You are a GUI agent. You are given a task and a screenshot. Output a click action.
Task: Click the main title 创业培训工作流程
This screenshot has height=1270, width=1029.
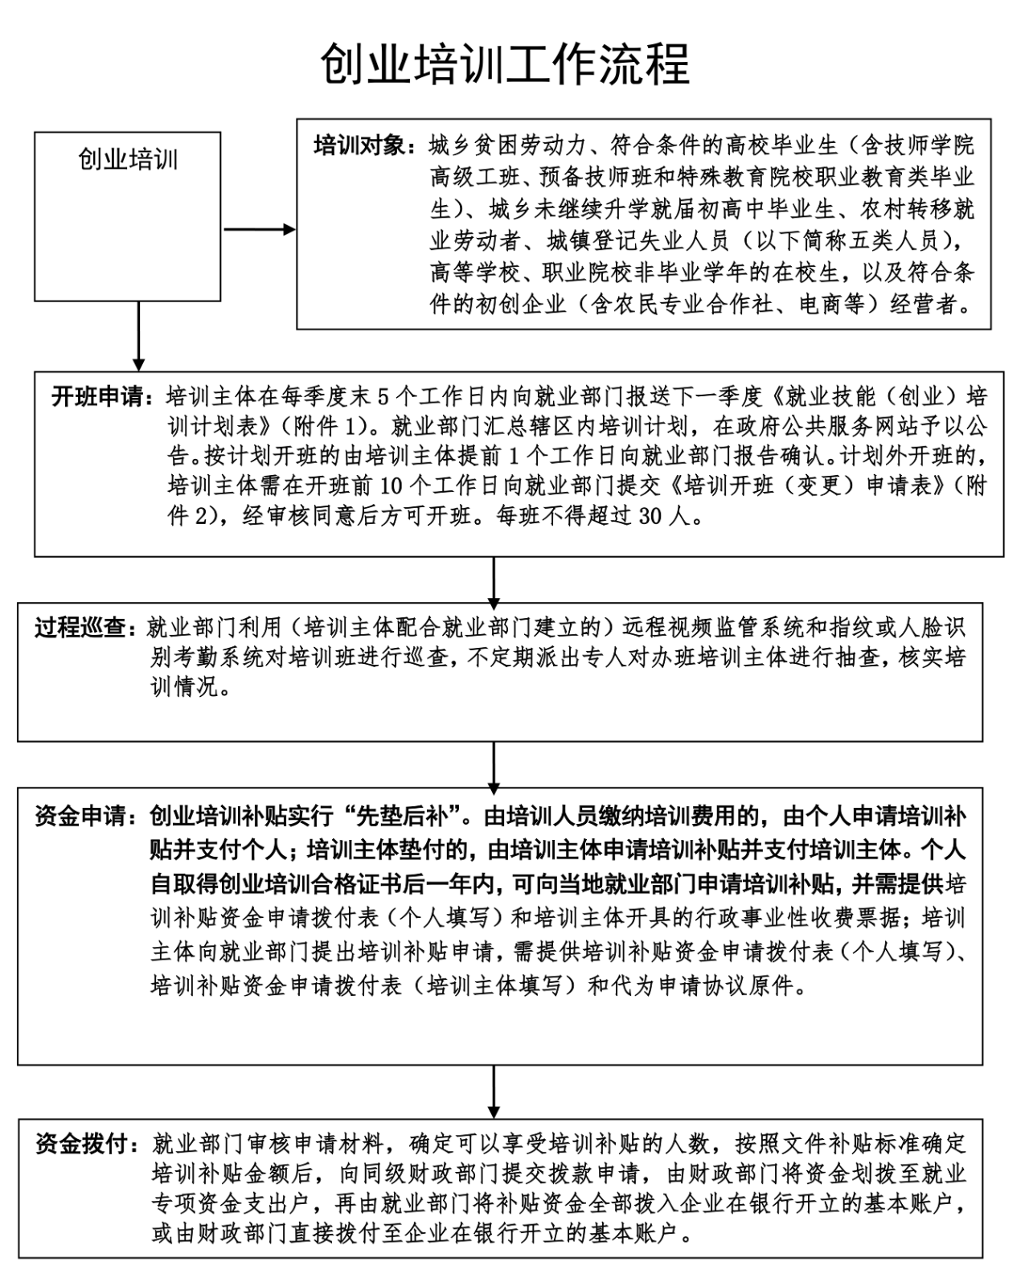click(x=505, y=63)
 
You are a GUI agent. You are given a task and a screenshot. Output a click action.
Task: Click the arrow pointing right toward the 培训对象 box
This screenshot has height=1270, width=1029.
click(x=259, y=230)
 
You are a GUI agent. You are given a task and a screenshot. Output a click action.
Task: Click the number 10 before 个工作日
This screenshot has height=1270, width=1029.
click(x=377, y=487)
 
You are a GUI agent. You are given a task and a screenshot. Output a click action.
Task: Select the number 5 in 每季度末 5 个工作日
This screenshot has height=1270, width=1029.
click(x=382, y=396)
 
